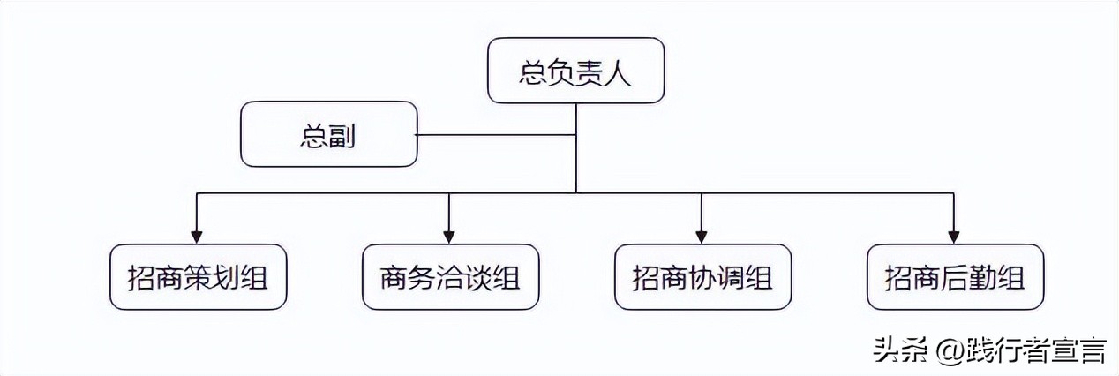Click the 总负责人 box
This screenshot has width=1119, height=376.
[x=575, y=71]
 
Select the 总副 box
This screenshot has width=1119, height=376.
[x=329, y=134]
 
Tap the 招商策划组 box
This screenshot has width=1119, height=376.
[x=198, y=277]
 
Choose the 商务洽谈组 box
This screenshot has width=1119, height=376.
[x=450, y=277]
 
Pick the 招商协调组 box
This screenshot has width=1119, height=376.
[x=702, y=277]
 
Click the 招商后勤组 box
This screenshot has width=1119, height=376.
[x=955, y=277]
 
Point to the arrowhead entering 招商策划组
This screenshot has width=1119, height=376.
[x=198, y=237]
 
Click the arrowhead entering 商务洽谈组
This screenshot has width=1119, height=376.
[x=450, y=237]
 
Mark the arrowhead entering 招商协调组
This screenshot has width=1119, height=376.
[x=702, y=237]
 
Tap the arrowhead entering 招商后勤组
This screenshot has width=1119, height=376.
[x=954, y=237]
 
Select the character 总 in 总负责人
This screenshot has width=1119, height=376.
[x=532, y=71]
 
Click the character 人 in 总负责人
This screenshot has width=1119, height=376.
[x=619, y=71]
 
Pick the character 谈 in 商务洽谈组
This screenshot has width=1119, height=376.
[x=478, y=278]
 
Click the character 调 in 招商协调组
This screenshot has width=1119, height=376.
[x=731, y=278]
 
